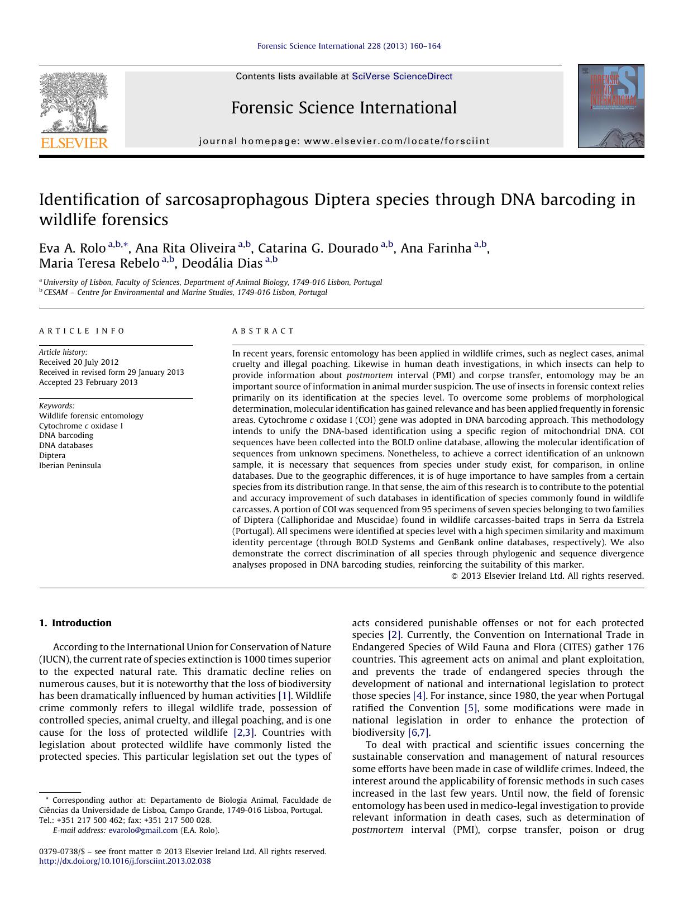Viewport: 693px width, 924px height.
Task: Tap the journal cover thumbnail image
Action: pos(610,106)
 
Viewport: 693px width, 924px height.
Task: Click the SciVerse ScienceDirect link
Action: pos(402,77)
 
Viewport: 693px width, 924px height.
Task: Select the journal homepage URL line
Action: pos(344,141)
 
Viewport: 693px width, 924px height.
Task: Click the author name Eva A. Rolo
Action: pos(72,248)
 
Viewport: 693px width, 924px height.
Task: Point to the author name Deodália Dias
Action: pos(222,263)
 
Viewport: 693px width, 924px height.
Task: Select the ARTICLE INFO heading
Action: pos(82,331)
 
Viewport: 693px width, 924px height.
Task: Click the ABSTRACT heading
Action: pos(263,331)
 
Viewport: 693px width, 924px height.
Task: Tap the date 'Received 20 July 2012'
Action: pos(79,362)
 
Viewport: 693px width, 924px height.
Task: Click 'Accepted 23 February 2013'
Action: pos(88,382)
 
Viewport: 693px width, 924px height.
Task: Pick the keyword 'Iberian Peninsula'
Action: pos(70,465)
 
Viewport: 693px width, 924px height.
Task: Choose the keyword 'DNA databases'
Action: pos(66,445)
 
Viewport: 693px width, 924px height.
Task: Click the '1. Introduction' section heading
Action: pos(75,623)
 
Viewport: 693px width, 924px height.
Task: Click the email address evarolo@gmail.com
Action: pos(143,830)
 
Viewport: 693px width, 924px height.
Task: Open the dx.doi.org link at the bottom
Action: pos(125,861)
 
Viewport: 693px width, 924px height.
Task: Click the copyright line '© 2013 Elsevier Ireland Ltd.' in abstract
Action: pos(547,576)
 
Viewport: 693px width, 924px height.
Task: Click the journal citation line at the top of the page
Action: pos(348,46)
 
